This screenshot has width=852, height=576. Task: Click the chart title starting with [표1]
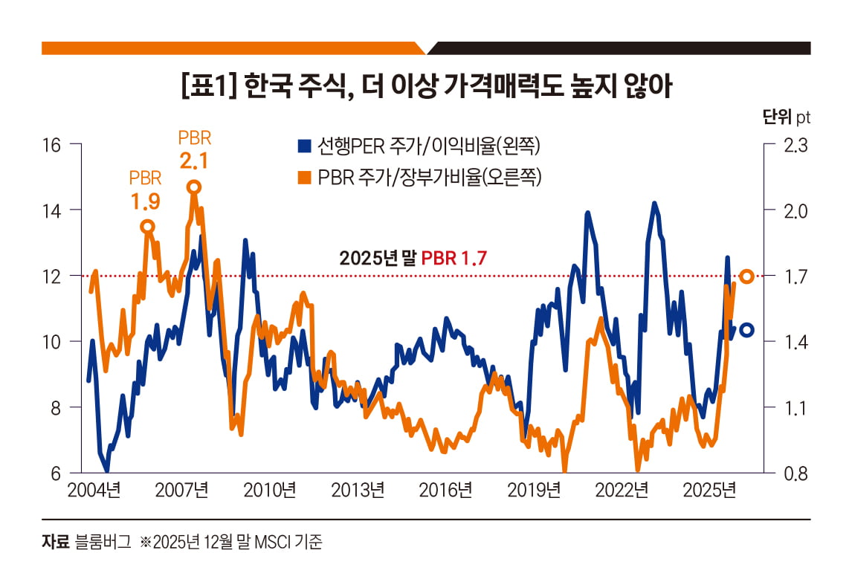point(426,87)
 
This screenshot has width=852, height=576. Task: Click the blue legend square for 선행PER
point(303,146)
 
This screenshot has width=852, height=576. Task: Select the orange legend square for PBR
point(303,177)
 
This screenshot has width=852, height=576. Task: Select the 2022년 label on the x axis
point(623,490)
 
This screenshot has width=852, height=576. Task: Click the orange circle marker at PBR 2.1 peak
point(193,187)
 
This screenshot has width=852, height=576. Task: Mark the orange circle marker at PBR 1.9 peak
point(147,227)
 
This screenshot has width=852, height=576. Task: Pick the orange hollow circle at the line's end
point(746,276)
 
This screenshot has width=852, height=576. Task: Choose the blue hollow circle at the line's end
point(746,330)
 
